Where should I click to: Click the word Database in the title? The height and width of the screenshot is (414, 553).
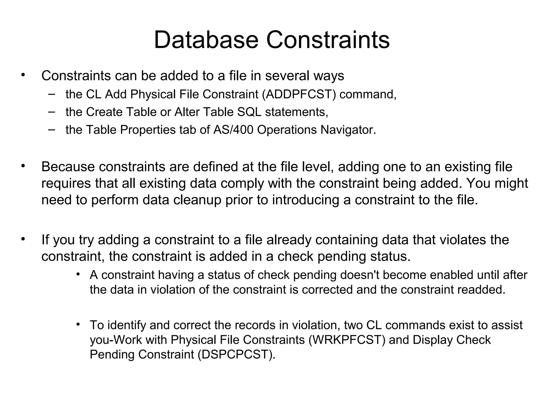(206, 40)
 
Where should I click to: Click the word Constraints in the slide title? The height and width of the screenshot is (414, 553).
(328, 40)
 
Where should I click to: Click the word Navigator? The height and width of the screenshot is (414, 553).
(348, 130)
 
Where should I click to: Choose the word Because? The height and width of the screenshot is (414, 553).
(68, 167)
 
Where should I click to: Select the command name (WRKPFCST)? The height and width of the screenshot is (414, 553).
(347, 340)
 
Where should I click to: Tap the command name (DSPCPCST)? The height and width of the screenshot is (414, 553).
(237, 354)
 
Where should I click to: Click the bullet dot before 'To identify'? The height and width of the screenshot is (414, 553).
(78, 324)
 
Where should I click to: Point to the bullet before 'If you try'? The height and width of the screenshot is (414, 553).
(23, 239)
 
